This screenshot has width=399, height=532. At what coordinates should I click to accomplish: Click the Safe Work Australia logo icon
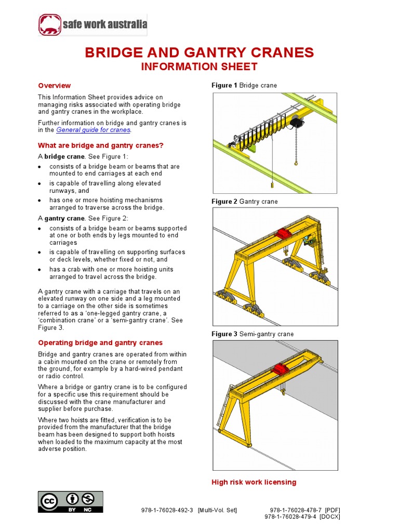click(50, 24)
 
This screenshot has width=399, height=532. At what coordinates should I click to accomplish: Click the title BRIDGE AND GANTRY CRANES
click(199, 52)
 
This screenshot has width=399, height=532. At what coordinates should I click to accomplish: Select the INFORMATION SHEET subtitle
click(200, 66)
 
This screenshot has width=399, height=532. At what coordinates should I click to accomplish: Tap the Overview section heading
click(55, 86)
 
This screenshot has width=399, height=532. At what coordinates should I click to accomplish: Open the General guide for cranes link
click(93, 130)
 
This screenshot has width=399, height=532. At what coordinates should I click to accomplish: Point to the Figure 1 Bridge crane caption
click(244, 85)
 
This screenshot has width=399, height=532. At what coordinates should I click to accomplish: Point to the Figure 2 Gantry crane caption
click(244, 202)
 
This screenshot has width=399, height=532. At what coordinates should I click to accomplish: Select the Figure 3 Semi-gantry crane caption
click(252, 334)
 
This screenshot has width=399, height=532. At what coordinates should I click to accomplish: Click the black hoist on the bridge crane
click(297, 123)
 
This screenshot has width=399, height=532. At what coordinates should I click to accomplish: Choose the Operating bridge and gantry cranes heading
click(100, 343)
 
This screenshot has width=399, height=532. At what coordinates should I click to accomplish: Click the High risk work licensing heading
click(254, 482)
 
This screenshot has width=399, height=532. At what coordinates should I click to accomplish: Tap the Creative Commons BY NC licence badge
click(70, 502)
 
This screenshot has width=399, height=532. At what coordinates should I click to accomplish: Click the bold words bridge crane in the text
click(64, 156)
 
